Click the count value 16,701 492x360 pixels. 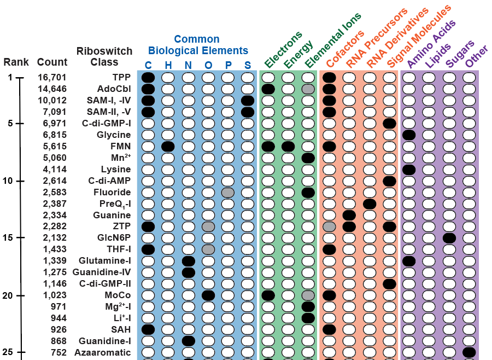click(x=52, y=77)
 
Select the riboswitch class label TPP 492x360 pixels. click(x=121, y=77)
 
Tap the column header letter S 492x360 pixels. click(x=248, y=65)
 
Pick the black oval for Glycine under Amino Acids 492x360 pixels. click(x=409, y=135)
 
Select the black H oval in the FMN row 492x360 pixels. click(x=168, y=146)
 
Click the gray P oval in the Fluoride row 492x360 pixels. click(x=228, y=192)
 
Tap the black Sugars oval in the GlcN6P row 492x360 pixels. click(x=449, y=238)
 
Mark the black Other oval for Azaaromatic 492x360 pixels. click(x=469, y=352)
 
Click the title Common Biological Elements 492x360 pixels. click(x=197, y=45)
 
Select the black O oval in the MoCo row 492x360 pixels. click(x=208, y=295)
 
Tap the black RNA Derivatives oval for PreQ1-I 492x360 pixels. click(x=370, y=204)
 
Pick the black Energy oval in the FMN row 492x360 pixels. click(x=288, y=146)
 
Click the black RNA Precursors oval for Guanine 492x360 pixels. click(x=349, y=215)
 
